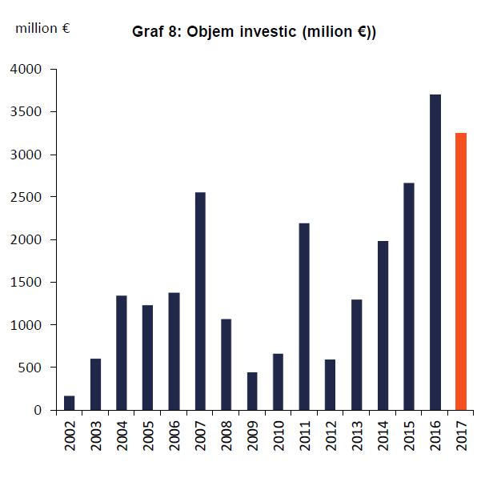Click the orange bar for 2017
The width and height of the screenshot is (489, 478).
click(x=461, y=271)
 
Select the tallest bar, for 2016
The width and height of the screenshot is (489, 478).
click(x=435, y=252)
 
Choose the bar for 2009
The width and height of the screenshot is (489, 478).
click(x=252, y=391)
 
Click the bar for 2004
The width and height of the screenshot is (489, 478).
click(x=122, y=352)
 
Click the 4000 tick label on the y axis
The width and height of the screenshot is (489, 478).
click(x=28, y=70)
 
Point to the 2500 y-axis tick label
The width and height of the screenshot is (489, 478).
click(x=28, y=197)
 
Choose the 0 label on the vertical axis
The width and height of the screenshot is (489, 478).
click(x=39, y=410)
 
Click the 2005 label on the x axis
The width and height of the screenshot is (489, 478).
click(x=148, y=436)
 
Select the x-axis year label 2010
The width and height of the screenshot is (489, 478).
click(x=279, y=436)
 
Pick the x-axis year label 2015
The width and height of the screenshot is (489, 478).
click(x=409, y=436)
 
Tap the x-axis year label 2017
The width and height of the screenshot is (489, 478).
click(x=461, y=436)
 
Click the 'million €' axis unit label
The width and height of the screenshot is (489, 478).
click(x=42, y=28)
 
